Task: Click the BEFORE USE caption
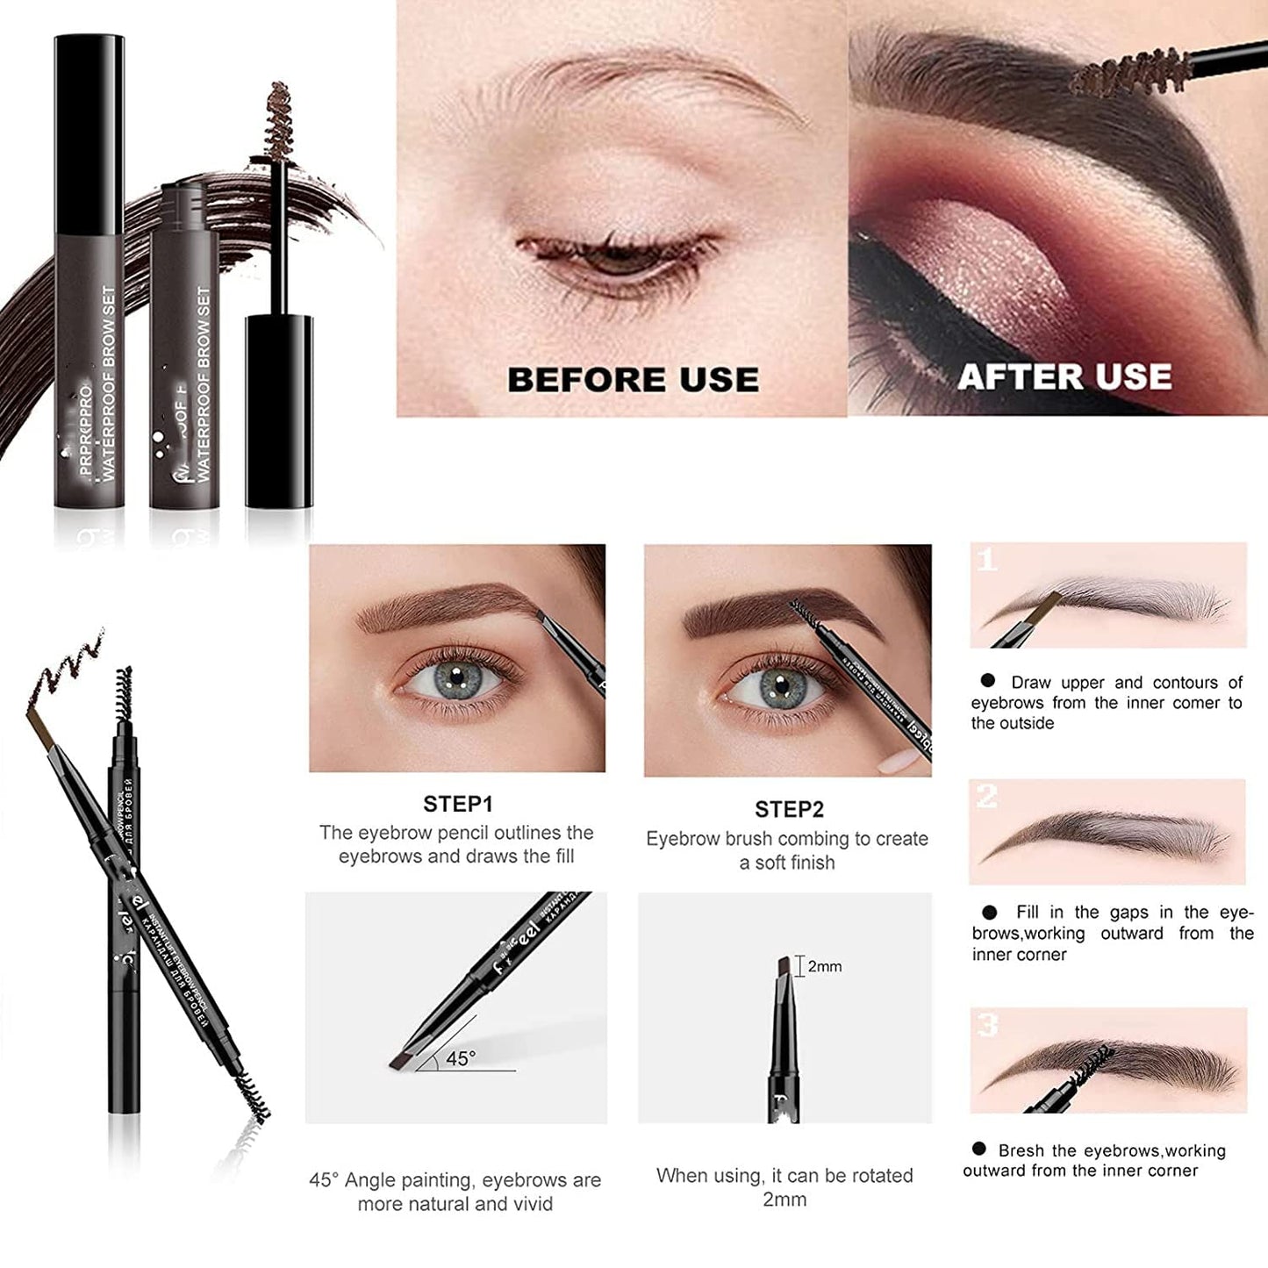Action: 633,379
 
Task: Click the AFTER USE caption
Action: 1064,376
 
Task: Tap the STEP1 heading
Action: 458,804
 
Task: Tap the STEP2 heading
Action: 789,809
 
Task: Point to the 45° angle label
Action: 460,1059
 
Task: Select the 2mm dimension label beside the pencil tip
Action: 824,966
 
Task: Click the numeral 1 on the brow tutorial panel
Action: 987,560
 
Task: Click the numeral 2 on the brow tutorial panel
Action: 987,797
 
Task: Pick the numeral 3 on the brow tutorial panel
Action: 988,1025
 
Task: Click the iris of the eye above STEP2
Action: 780,684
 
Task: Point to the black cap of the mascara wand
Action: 278,411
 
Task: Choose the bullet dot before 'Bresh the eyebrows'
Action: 979,1149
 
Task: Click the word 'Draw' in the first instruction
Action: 1031,683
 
